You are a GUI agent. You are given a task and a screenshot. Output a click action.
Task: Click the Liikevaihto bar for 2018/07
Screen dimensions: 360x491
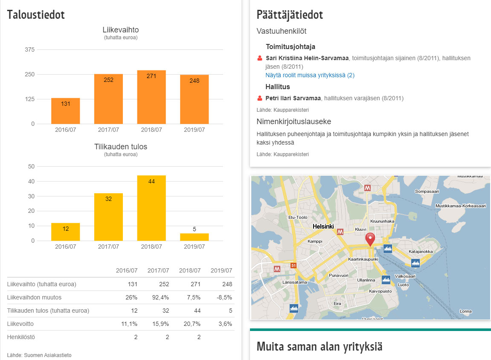pyautogui.click(x=151, y=97)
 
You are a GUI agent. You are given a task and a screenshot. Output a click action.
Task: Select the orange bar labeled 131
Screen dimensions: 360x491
pyautogui.click(x=66, y=111)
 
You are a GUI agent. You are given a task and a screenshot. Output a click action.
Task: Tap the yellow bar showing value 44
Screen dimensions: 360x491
pyautogui.click(x=151, y=208)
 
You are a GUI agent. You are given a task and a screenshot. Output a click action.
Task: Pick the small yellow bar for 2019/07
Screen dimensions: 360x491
pyautogui.click(x=195, y=237)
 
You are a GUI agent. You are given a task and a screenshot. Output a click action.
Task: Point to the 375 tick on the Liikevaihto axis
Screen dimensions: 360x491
pyautogui.click(x=29, y=49)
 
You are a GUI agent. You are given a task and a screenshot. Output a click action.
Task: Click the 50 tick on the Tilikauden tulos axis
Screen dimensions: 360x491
pyautogui.click(x=31, y=166)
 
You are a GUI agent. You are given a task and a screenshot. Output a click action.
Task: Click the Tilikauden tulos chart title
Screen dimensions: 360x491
pyautogui.click(x=121, y=147)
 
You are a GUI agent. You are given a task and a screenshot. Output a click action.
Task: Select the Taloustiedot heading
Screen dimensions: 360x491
pyautogui.click(x=36, y=15)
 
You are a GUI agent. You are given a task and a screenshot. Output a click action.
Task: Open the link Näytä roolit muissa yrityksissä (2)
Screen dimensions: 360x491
pyautogui.click(x=310, y=75)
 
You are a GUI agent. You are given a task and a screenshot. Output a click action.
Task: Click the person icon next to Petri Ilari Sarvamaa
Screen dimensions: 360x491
pyautogui.click(x=260, y=98)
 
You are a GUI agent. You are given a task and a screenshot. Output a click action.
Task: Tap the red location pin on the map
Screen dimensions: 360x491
pyautogui.click(x=370, y=239)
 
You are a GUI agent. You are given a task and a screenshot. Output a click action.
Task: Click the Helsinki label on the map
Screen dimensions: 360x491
pyautogui.click(x=323, y=226)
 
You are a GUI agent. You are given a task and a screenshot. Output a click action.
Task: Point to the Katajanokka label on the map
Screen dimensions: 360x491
pyautogui.click(x=421, y=252)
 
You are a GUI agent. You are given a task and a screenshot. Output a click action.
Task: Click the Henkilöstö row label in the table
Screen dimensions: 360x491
pyautogui.click(x=21, y=337)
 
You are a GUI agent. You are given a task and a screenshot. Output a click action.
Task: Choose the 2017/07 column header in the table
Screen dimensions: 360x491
pyautogui.click(x=158, y=270)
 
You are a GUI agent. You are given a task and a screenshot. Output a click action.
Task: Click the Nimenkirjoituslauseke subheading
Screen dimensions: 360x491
pyautogui.click(x=293, y=122)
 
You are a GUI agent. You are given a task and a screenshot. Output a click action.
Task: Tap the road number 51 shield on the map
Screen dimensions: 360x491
pyautogui.click(x=293, y=266)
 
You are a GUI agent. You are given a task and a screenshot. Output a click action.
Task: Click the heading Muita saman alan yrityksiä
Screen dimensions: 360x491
pyautogui.click(x=320, y=346)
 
